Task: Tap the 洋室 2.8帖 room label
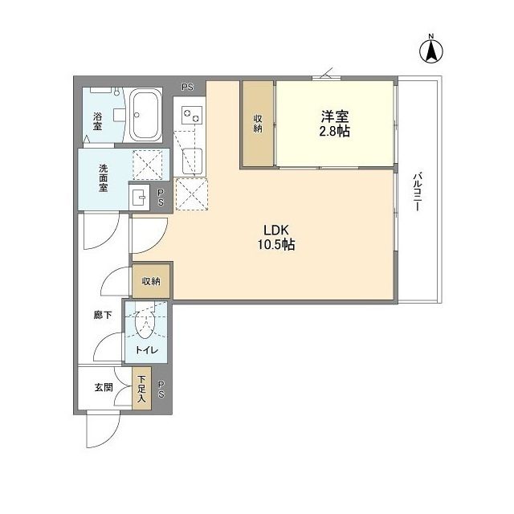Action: tap(335, 123)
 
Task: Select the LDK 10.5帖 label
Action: tap(276, 238)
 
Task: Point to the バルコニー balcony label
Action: tap(417, 192)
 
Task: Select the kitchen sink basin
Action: tap(192, 161)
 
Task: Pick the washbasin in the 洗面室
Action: tap(139, 198)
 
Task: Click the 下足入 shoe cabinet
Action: tap(141, 388)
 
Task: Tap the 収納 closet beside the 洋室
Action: tap(258, 123)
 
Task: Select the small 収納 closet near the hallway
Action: tap(151, 281)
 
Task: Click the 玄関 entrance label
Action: tap(104, 388)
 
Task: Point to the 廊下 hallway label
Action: tap(103, 316)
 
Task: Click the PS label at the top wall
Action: tap(188, 88)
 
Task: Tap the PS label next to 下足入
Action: tap(161, 390)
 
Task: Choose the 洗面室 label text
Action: tap(104, 177)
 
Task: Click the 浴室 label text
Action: tap(97, 121)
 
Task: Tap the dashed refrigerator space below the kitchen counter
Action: tap(192, 194)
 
